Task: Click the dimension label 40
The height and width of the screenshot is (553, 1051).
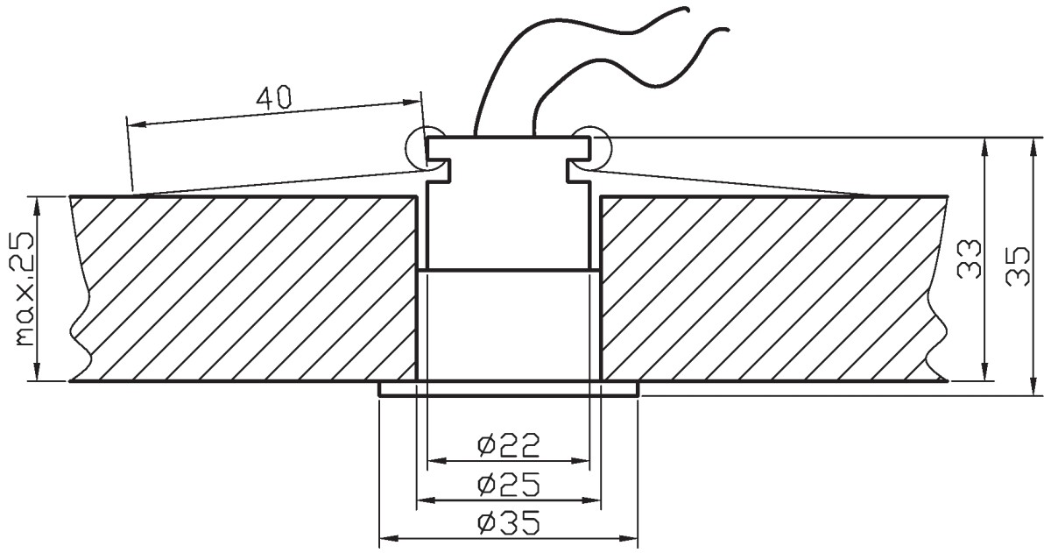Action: (x=273, y=97)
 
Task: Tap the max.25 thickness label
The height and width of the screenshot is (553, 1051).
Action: (x=25, y=288)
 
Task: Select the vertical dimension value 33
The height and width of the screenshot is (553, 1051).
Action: (x=969, y=259)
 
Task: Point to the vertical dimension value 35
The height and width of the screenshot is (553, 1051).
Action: (x=1018, y=266)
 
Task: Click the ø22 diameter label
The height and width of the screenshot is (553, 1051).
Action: (x=509, y=445)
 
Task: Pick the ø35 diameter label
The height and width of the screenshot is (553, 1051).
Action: (x=509, y=523)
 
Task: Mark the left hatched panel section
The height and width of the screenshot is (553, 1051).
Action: (x=244, y=288)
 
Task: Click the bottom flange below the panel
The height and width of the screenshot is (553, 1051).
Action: (x=509, y=389)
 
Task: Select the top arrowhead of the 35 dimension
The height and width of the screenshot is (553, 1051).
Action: (x=1033, y=148)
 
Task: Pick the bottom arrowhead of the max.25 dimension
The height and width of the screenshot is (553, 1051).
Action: (x=37, y=371)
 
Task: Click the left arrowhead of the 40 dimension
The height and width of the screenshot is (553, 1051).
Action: (x=137, y=124)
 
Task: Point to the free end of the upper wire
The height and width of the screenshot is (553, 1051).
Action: (x=688, y=9)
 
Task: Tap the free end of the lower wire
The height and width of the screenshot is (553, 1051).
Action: (x=728, y=30)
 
